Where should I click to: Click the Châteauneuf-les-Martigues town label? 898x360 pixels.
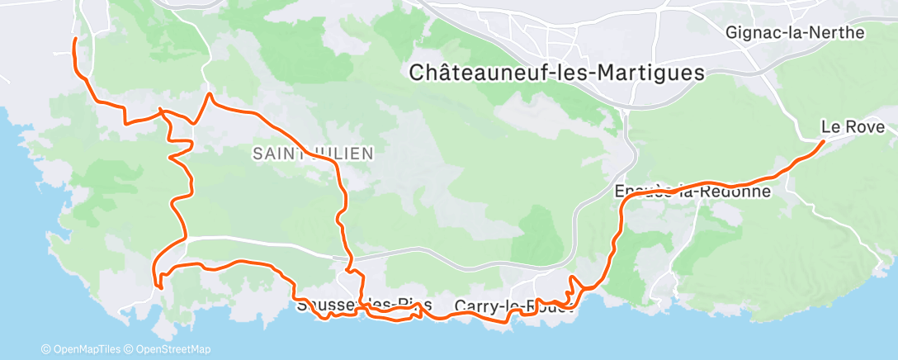point(557,73)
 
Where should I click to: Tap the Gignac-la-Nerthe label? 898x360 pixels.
point(795,33)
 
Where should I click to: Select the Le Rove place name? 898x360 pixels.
point(853,127)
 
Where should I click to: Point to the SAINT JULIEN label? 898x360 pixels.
point(313,153)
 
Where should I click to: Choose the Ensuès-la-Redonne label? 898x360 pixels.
point(692,192)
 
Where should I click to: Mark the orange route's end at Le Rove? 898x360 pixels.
point(823,142)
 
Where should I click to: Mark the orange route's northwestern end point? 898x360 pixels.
point(75,39)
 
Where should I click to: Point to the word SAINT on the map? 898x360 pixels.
point(276,153)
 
